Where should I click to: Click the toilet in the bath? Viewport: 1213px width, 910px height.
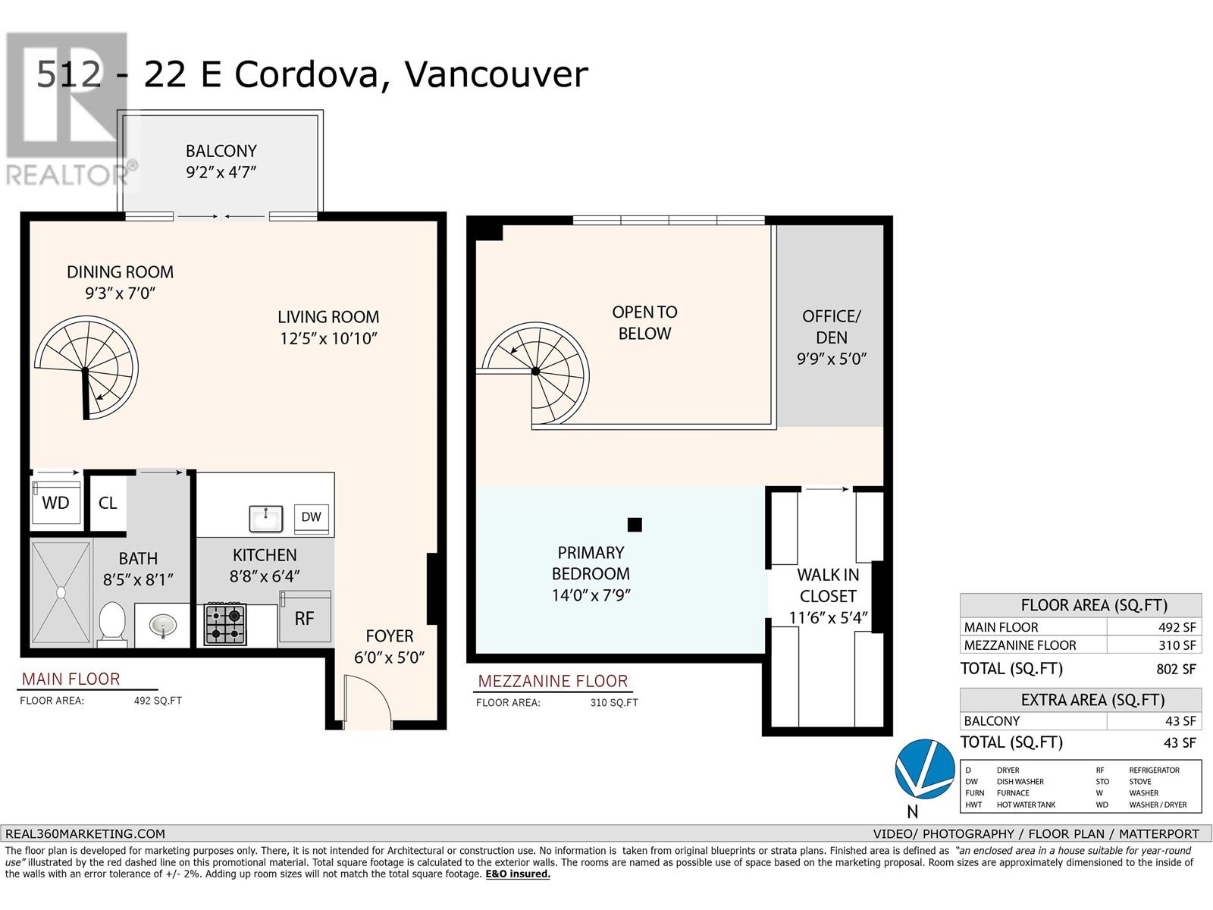coord(113,623)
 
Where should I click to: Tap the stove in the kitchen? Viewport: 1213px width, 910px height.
coord(225,624)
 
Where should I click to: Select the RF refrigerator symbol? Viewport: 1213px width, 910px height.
coord(305,616)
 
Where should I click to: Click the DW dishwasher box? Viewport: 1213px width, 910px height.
coord(311,518)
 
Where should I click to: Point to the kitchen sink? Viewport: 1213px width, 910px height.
coord(265,518)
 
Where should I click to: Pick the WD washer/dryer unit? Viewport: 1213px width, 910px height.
coord(56,502)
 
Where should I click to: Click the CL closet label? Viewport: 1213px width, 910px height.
coord(108,503)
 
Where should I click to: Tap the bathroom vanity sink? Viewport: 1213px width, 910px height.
coord(163,626)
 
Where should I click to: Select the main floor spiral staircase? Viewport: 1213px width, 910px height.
coord(86,368)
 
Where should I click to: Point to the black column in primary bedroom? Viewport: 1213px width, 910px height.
coord(635,524)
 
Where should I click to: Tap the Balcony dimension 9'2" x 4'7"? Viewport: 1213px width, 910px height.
coord(221,172)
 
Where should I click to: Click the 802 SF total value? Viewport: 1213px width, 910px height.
coord(1176,669)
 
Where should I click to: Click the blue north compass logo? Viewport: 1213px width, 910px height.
coord(924,768)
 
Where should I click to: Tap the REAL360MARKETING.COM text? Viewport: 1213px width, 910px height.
coord(85,833)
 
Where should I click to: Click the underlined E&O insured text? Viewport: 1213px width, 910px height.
coord(518,874)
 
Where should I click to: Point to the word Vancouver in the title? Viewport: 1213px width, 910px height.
coord(497,74)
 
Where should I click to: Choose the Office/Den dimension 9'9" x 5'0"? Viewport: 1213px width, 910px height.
coord(832,359)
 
